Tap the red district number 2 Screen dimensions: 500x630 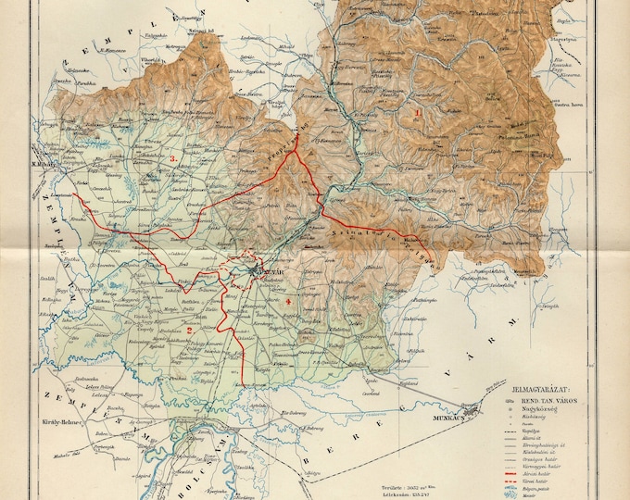(x=189, y=330)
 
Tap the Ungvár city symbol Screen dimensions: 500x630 (x=258, y=270)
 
